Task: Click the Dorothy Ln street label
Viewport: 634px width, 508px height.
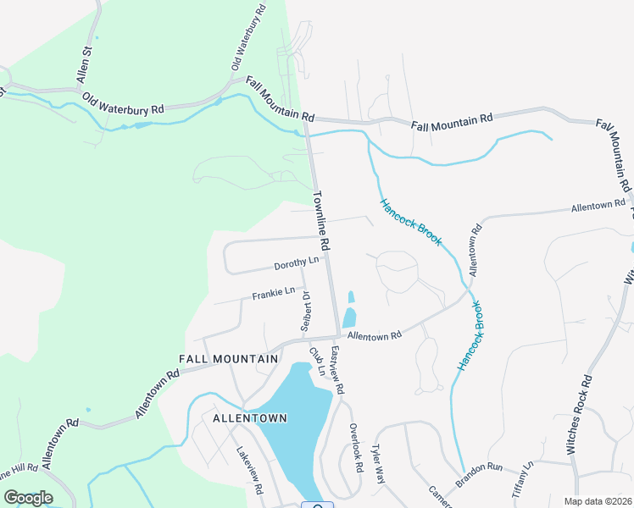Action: pyautogui.click(x=296, y=262)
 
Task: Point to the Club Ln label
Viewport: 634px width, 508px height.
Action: pyautogui.click(x=317, y=361)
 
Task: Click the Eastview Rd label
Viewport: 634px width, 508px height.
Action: pyautogui.click(x=337, y=372)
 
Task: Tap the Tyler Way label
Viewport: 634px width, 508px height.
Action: pyautogui.click(x=379, y=467)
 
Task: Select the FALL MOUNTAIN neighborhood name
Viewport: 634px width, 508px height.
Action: pyautogui.click(x=229, y=359)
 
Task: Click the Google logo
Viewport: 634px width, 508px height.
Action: pyautogui.click(x=28, y=498)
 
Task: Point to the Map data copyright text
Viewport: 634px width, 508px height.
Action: pyautogui.click(x=598, y=501)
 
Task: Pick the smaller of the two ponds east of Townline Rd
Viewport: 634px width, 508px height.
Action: pyautogui.click(x=351, y=296)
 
